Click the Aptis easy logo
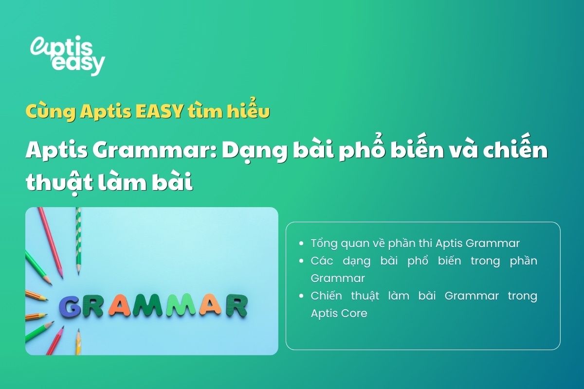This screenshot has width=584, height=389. click(x=67, y=55)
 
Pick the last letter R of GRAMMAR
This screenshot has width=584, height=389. click(x=237, y=305)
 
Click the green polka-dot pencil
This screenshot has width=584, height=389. click(x=78, y=238)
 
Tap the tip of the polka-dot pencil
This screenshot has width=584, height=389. click(x=78, y=272)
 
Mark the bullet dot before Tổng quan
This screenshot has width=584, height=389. click(x=303, y=243)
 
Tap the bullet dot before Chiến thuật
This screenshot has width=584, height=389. click(x=303, y=296)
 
